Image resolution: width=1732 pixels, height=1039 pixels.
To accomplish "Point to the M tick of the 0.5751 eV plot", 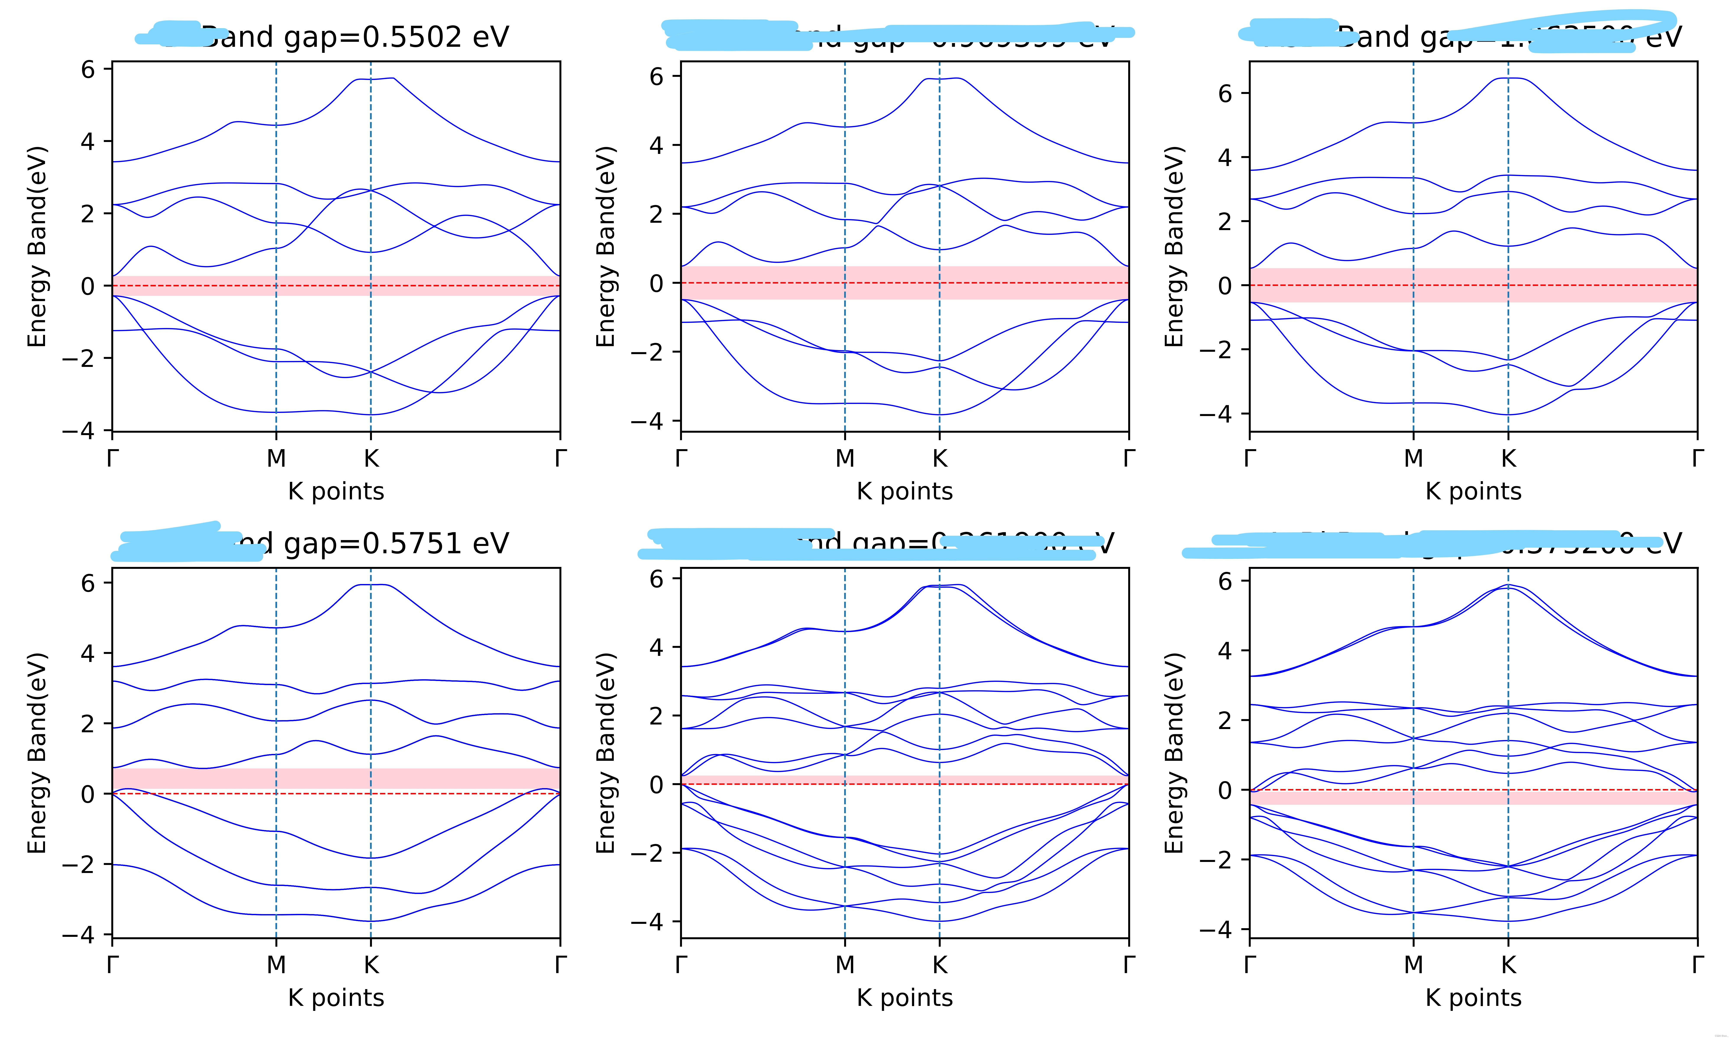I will (x=276, y=965).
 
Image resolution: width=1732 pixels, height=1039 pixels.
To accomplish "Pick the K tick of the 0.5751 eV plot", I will (x=371, y=965).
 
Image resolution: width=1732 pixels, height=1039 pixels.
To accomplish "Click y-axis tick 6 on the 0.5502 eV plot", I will (x=87, y=69).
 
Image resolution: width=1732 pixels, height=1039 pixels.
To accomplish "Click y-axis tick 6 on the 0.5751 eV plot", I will (x=87, y=582).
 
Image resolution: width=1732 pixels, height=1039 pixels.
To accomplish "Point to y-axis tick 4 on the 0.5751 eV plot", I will (x=87, y=653).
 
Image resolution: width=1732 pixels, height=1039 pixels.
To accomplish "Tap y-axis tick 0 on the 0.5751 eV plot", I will (x=87, y=794).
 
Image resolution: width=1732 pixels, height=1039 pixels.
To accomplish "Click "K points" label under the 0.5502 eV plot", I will (x=336, y=492).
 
